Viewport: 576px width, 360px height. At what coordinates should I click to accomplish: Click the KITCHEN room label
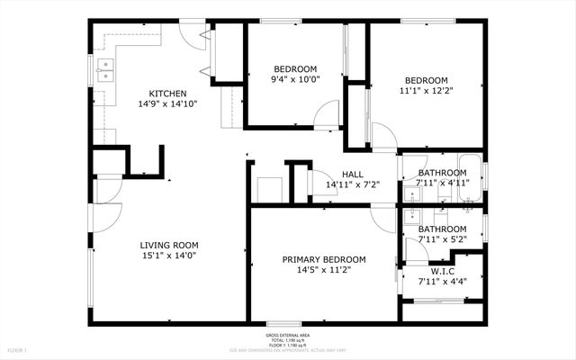click(167, 93)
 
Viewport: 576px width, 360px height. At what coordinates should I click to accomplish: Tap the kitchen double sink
click(106, 70)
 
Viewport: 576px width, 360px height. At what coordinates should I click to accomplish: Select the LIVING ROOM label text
click(168, 245)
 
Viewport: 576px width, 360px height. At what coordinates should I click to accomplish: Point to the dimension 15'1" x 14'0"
click(168, 256)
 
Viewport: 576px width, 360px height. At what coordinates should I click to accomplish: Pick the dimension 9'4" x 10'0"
click(295, 80)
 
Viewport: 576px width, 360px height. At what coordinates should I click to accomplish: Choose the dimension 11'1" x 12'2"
click(426, 90)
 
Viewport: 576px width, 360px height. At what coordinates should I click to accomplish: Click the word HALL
click(352, 175)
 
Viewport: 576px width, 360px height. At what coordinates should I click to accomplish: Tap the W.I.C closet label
click(442, 270)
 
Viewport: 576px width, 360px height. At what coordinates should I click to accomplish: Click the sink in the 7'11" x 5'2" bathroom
click(411, 215)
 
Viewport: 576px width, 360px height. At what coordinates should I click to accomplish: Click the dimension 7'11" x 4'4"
click(442, 281)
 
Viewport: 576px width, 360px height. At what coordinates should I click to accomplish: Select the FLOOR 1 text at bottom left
click(18, 348)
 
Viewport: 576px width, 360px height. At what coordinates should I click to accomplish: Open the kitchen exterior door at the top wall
click(191, 31)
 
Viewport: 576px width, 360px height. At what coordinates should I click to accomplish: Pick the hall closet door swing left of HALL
click(319, 179)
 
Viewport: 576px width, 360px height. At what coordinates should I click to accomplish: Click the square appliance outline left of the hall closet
click(270, 190)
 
